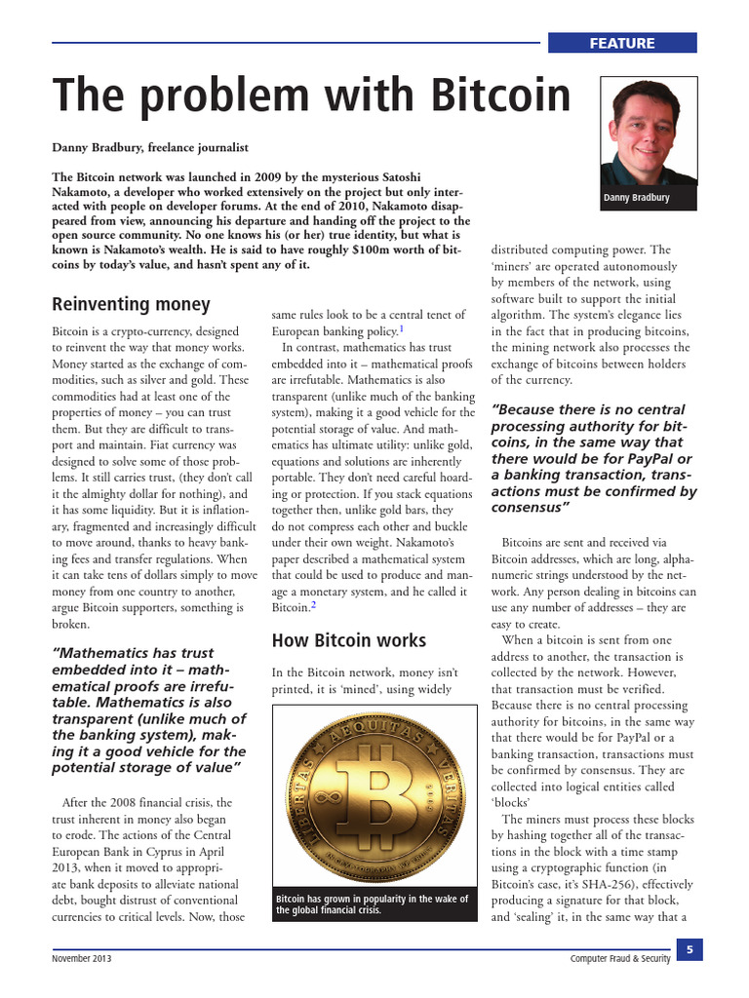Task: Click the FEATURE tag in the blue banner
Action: tap(621, 43)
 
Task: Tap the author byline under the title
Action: tap(150, 147)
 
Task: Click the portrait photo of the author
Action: tap(649, 132)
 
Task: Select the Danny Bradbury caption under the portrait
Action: tap(637, 198)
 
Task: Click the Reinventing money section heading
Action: tap(131, 304)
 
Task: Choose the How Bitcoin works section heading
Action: tap(348, 640)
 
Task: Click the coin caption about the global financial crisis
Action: tap(372, 904)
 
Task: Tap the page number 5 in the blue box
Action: tap(689, 949)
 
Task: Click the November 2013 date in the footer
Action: tap(82, 959)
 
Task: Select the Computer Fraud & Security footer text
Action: tap(619, 959)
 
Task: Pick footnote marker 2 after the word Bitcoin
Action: tap(313, 605)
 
